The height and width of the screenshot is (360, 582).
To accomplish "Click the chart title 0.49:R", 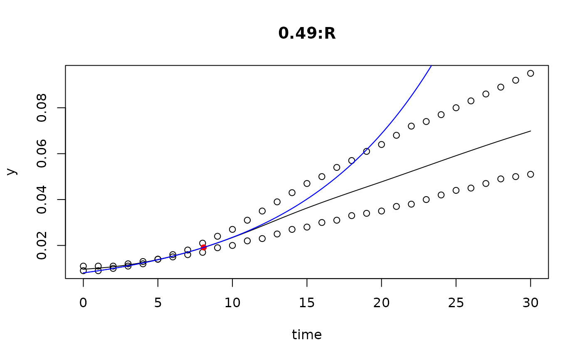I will [x=307, y=34].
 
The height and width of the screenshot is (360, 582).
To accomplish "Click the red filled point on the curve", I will [x=204, y=247].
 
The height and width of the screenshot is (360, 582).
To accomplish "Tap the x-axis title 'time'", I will [x=307, y=335].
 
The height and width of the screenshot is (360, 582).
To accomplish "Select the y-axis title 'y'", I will [x=12, y=171].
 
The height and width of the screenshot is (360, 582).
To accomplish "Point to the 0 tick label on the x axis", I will [x=83, y=303].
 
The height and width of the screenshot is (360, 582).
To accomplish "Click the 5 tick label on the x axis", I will [x=158, y=303].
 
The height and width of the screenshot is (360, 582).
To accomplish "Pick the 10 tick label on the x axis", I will [x=232, y=303].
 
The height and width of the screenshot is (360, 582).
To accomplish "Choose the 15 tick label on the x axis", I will [x=307, y=303].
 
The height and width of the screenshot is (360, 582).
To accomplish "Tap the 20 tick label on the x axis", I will [x=381, y=303].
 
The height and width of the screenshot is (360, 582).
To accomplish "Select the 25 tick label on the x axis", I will [x=456, y=303].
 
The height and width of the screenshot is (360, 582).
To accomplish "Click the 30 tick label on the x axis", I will [x=530, y=303].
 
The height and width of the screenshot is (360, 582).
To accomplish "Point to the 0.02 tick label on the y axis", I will [x=42, y=245].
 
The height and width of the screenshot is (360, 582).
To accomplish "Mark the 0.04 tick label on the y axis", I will [x=42, y=200].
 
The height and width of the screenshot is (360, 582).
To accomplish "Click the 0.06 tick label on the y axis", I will [x=42, y=154].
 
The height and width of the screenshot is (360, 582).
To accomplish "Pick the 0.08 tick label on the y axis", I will [x=42, y=108].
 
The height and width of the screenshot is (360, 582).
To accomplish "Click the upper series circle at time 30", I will [x=530, y=73].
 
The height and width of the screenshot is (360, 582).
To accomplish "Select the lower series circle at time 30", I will [x=530, y=174].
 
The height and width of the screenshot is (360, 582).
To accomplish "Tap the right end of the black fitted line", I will [x=530, y=131].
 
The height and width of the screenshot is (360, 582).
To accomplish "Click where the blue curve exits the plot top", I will [x=432, y=66].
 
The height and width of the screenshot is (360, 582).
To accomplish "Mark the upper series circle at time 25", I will [x=456, y=108].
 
